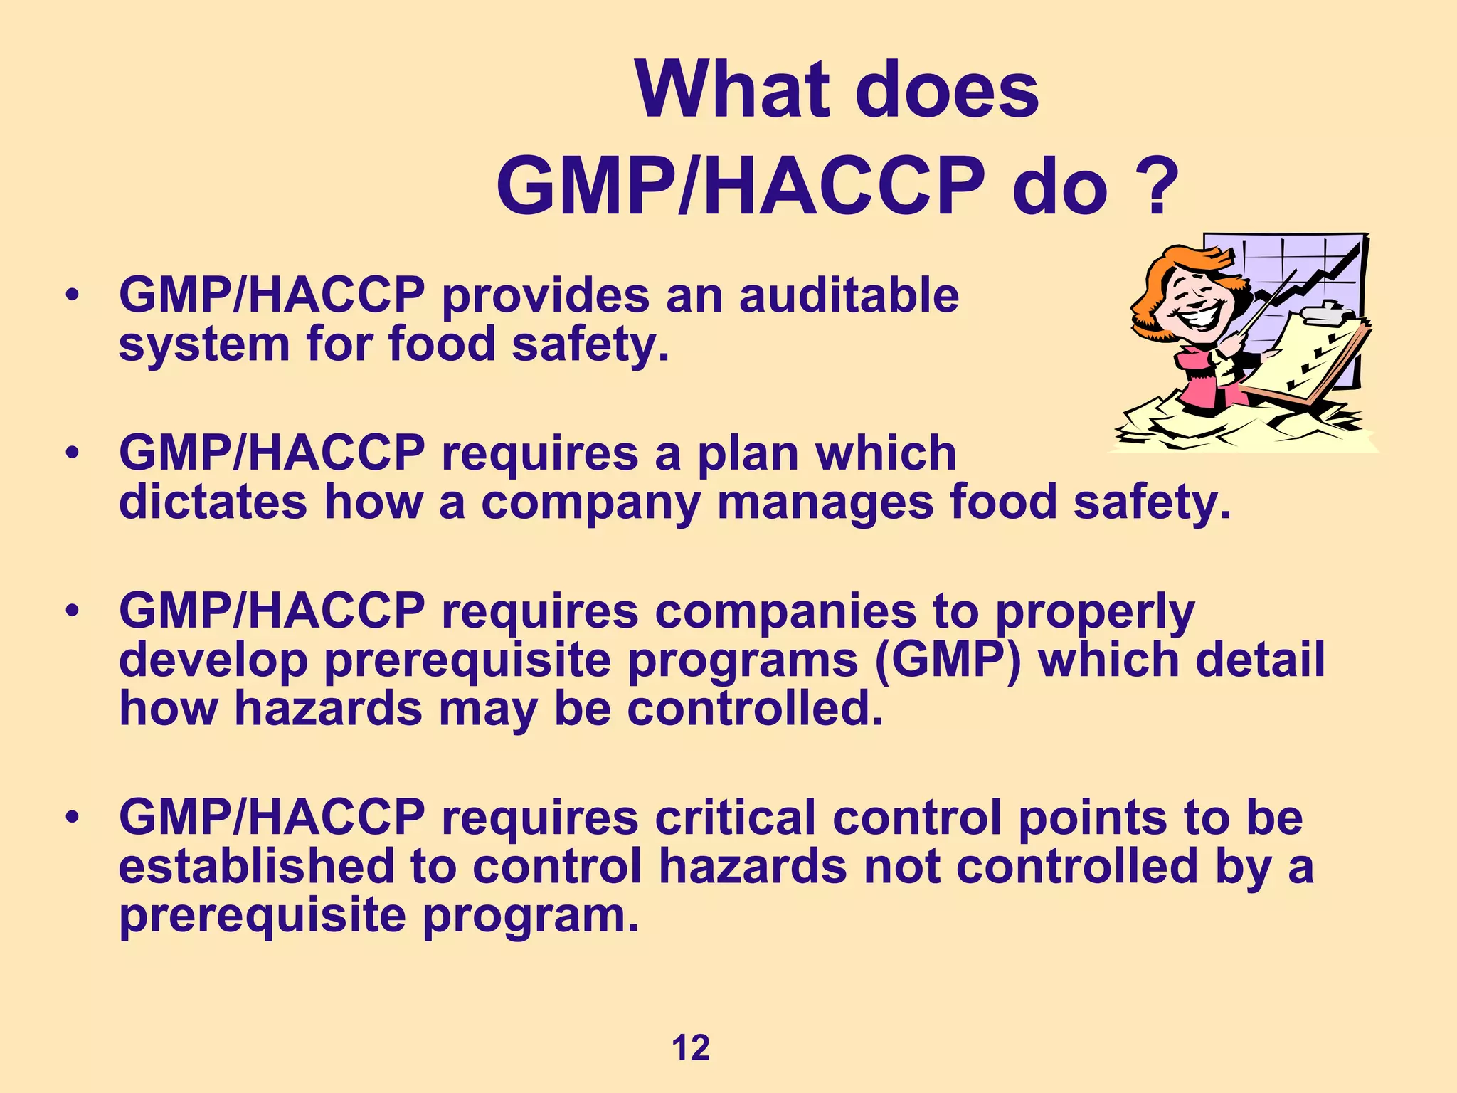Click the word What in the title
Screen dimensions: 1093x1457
(x=733, y=91)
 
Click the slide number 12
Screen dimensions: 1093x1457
(x=690, y=1048)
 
